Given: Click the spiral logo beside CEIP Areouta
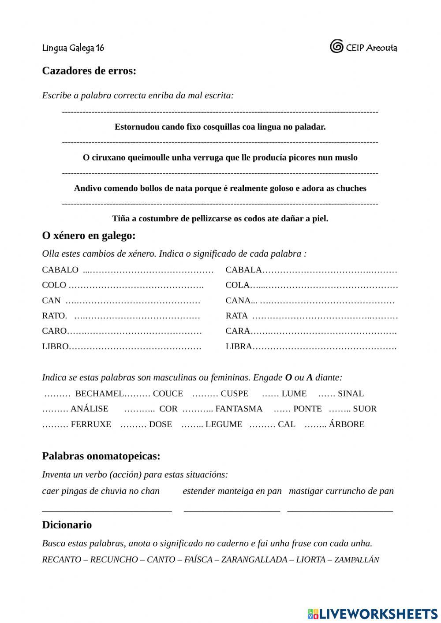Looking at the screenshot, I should (336, 46).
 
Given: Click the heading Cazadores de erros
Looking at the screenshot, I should (89, 71).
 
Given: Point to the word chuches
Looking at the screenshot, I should (351, 188).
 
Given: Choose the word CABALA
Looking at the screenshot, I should (244, 270).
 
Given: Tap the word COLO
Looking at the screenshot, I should (54, 285).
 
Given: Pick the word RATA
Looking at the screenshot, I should (237, 316).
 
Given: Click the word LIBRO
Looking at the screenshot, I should (56, 347).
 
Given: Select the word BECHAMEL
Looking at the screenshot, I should (100, 394).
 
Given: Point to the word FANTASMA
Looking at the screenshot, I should (239, 409).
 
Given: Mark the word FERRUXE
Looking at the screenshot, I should (91, 424).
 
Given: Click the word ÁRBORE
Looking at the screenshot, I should (347, 424).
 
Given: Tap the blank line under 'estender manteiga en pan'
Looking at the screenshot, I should (232, 510).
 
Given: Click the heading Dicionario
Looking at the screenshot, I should (67, 525).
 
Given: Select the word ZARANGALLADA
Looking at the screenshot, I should (254, 560).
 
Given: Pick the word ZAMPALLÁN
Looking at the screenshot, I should (357, 560).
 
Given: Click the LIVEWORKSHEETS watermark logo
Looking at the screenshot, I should (373, 613).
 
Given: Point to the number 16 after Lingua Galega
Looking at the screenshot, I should (100, 48).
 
